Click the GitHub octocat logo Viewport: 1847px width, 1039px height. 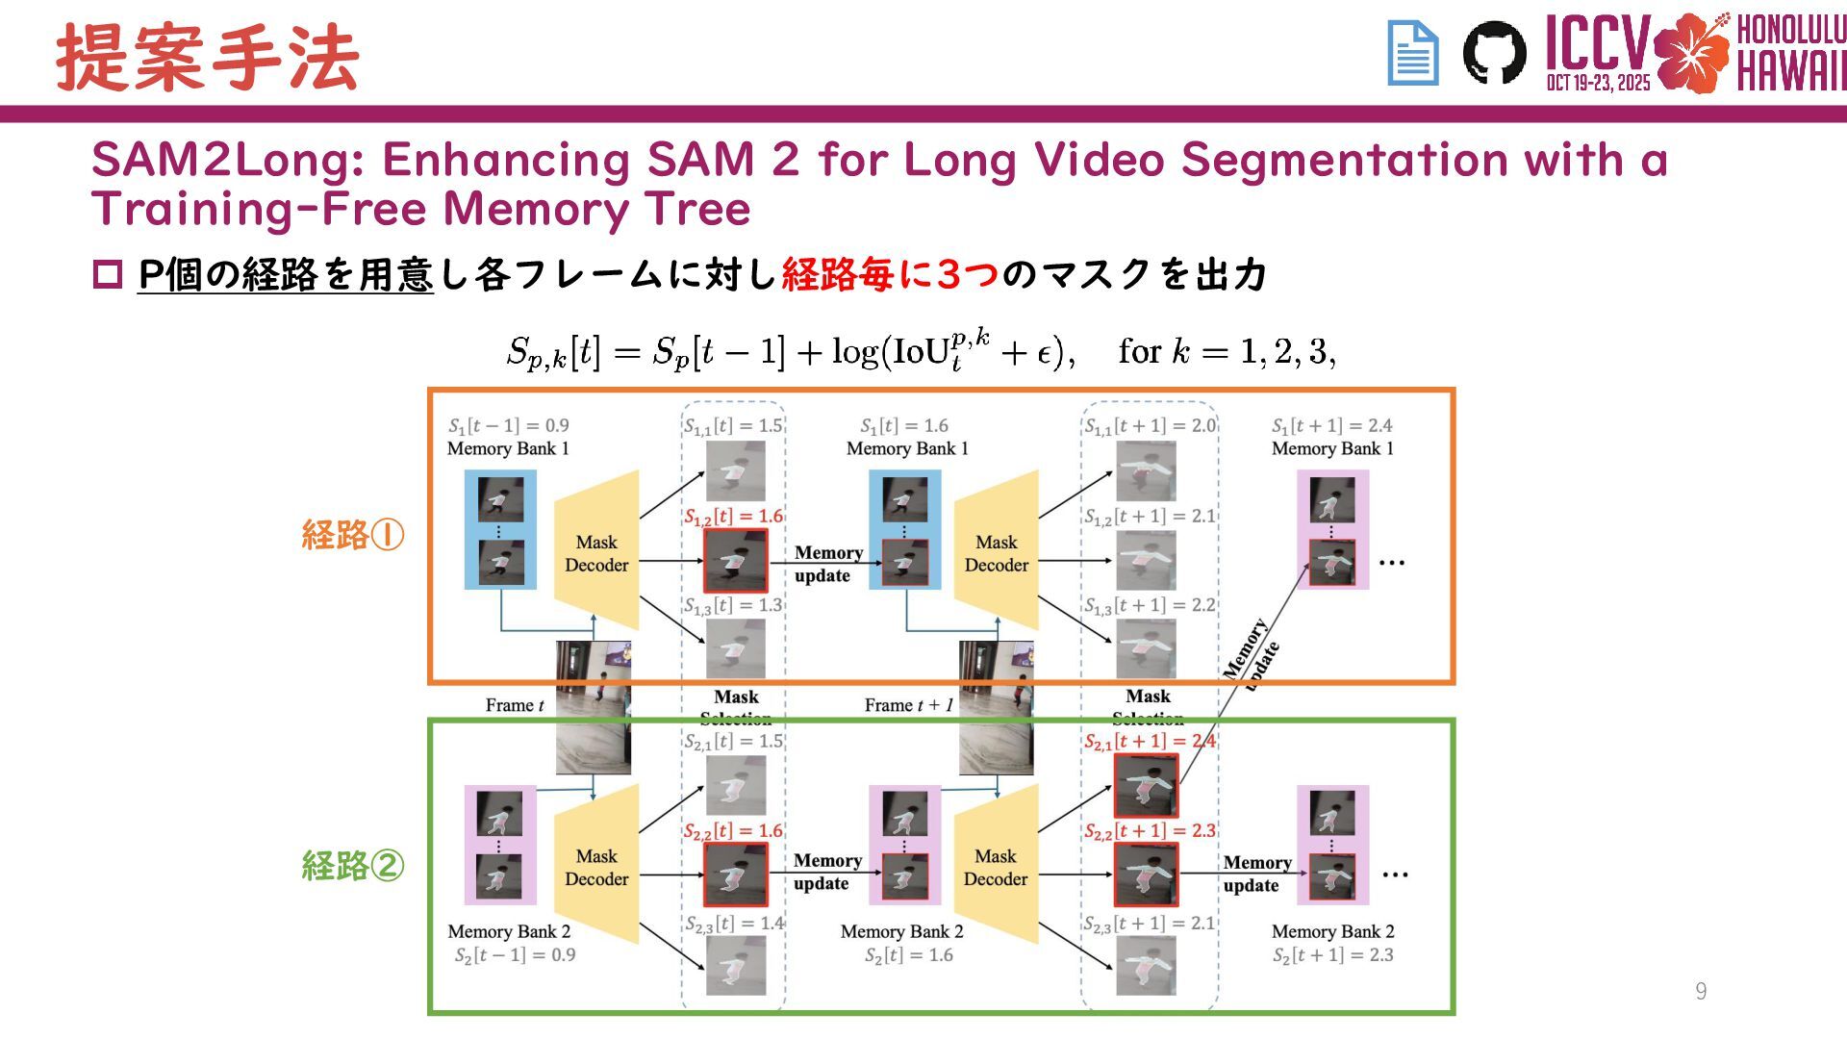pos(1494,53)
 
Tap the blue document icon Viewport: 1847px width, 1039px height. pos(1412,54)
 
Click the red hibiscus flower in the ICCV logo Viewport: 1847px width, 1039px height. pos(1691,53)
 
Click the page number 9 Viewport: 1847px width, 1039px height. pos(1701,991)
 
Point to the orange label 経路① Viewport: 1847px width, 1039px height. pos(352,535)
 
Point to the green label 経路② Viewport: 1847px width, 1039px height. pos(352,866)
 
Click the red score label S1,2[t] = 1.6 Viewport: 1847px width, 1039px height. pos(733,517)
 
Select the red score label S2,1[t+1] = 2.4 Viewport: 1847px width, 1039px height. pos(1150,742)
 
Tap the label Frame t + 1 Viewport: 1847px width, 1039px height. pos(908,705)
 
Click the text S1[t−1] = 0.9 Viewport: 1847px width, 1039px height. pos(508,425)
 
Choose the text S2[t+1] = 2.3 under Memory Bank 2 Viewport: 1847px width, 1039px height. pos(1332,955)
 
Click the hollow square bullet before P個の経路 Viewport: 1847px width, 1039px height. pos(108,275)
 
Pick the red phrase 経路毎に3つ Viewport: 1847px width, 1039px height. pos(890,275)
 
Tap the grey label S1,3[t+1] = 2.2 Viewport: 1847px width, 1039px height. pos(1150,606)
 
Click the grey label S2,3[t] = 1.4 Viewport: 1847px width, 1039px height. pos(734,924)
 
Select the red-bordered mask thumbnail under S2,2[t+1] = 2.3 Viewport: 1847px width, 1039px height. pos(1146,874)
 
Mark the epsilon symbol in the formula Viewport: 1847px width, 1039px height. pos(1044,353)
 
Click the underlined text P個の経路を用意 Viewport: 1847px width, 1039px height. pos(286,275)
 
